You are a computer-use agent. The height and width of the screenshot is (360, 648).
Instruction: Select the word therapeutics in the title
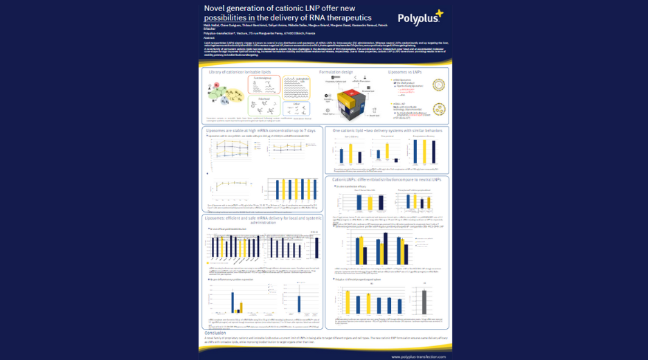tap(344, 17)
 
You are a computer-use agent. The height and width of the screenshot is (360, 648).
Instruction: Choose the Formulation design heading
tap(336, 71)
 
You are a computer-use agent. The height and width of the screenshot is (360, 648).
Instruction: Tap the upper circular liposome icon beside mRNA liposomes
tap(438, 86)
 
